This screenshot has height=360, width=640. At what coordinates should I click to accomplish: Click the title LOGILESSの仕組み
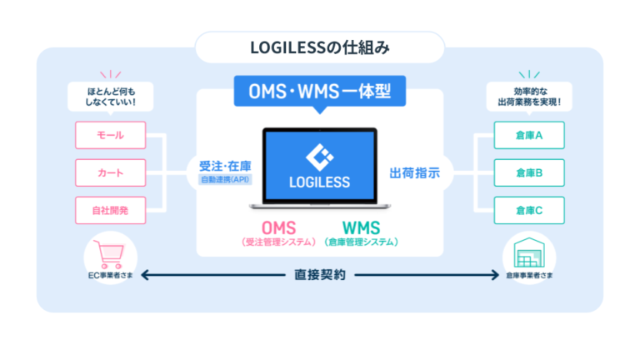point(320,47)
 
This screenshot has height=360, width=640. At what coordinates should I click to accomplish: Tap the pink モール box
point(110,134)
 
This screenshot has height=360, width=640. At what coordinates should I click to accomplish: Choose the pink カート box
point(110,172)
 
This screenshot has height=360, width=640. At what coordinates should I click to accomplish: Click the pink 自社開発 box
point(110,210)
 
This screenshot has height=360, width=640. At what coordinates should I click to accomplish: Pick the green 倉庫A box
point(529,134)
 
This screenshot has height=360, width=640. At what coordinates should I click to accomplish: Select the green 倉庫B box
point(529,172)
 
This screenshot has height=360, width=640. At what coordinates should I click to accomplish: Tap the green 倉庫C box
point(529,210)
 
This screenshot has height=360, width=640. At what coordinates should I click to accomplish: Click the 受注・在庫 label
point(224,164)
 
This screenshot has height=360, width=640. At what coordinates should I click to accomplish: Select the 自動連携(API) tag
point(224,179)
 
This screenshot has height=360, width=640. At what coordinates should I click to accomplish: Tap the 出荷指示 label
point(415,172)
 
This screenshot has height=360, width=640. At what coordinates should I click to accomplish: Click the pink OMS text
point(279,227)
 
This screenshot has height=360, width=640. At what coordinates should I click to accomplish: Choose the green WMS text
point(361,227)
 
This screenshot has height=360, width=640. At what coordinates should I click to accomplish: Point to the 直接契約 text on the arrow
point(319,274)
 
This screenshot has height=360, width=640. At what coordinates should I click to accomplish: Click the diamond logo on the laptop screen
point(320,156)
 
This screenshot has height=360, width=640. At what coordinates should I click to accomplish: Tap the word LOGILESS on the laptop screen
point(320,181)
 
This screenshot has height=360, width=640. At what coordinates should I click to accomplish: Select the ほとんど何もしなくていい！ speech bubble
point(110,96)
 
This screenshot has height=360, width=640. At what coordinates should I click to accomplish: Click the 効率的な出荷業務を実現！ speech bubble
point(529,96)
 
